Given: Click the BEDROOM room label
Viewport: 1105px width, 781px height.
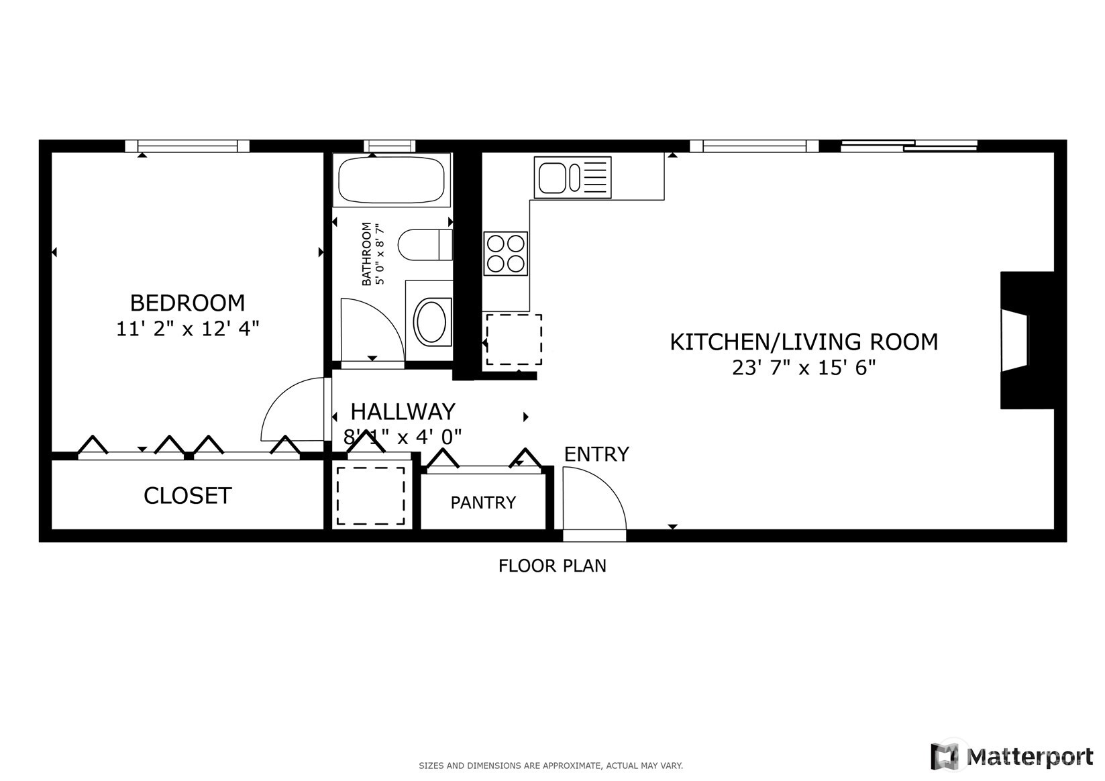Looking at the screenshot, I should (187, 303).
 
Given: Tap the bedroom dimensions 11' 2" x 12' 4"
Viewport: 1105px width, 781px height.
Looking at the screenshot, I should (187, 329).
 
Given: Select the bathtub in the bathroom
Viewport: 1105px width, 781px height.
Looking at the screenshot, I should (390, 180).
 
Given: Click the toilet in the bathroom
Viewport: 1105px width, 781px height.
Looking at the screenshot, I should (424, 245).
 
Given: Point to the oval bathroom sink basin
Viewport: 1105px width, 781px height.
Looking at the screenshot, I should (430, 322).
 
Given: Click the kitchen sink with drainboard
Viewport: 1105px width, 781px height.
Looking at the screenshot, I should (572, 177).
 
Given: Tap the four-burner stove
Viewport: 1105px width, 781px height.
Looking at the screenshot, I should (505, 254).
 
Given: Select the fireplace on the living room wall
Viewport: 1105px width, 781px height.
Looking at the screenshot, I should (1025, 340).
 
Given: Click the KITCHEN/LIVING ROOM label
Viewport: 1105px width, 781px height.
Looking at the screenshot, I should (803, 342).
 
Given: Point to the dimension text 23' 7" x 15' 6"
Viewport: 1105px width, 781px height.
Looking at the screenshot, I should (803, 368).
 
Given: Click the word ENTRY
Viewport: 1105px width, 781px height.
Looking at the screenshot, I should (596, 454).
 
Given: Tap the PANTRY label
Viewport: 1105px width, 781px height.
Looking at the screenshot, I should (483, 503).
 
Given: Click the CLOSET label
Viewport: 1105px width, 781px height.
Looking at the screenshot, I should (187, 496).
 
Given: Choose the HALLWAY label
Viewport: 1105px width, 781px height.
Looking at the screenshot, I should (403, 411).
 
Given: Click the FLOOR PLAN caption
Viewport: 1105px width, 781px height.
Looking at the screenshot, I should (551, 566).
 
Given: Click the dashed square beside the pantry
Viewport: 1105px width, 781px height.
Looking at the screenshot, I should (370, 496).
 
